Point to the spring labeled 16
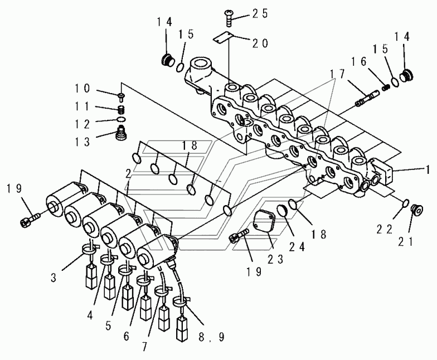tap(384, 86)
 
